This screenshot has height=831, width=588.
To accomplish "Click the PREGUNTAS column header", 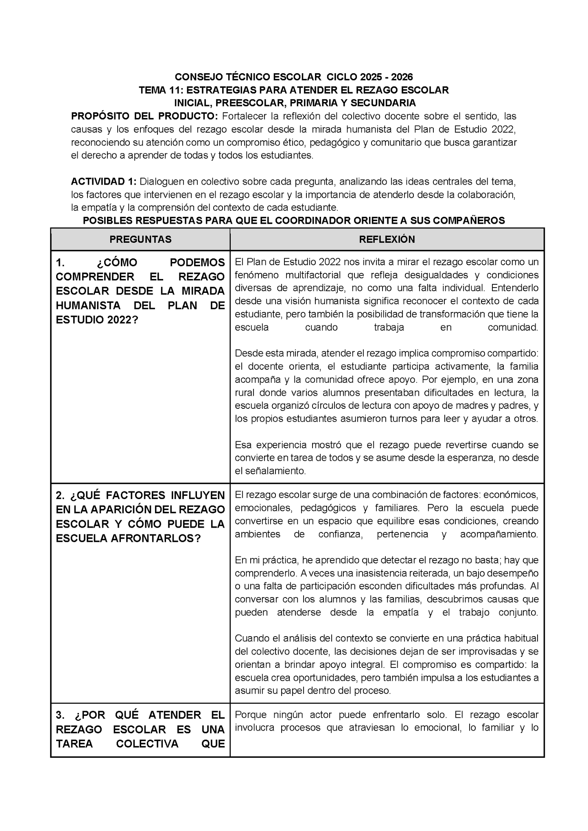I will [140, 240].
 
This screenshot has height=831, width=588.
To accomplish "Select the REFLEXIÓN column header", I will [387, 240].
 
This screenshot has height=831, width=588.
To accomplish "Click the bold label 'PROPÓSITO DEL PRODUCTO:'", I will [144, 116].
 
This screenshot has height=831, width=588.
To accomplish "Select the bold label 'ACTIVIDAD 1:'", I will [103, 181].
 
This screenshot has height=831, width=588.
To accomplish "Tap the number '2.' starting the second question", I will [60, 495].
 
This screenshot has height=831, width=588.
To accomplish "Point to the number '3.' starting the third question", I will [60, 715].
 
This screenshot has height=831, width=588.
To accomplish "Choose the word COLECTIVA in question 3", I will [147, 744].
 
